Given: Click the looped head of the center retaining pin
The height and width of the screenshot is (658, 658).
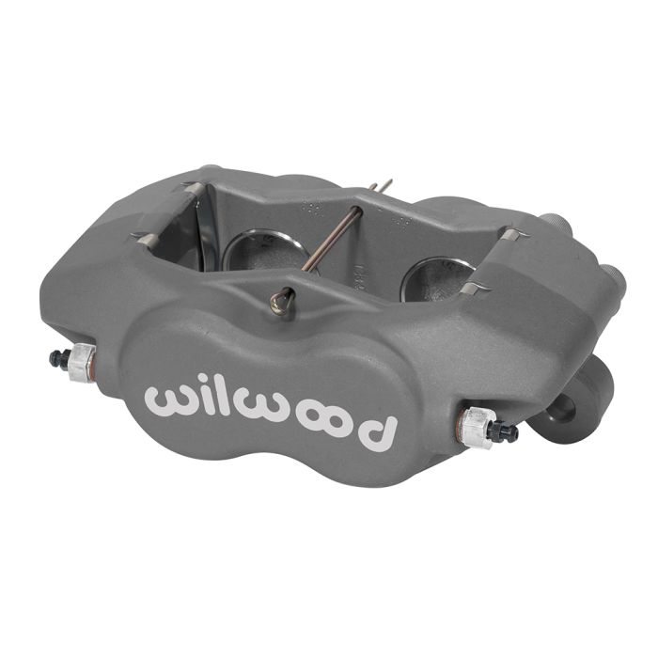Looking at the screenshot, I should tap(280, 301).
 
